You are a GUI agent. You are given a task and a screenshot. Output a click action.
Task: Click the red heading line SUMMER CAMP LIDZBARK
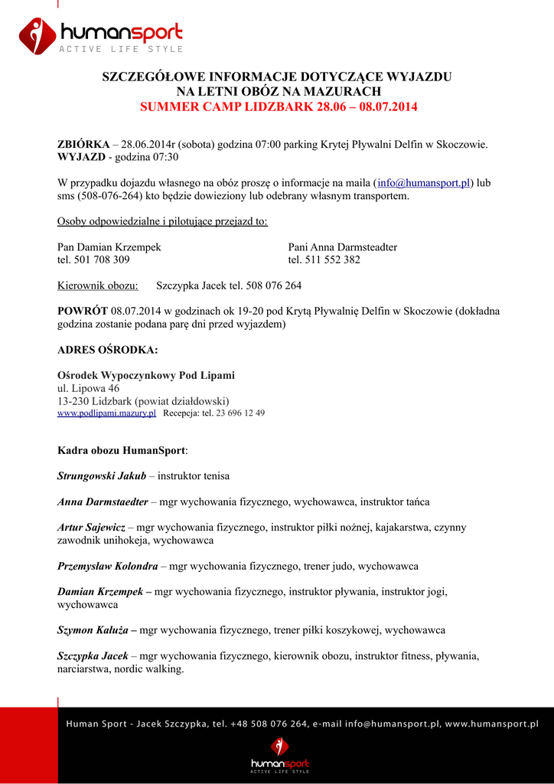click(x=279, y=106)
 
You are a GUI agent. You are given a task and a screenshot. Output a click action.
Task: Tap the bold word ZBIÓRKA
click(x=83, y=144)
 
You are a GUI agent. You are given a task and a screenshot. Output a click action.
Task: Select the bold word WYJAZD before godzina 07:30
click(x=81, y=157)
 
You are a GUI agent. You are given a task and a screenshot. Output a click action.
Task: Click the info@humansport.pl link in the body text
click(x=424, y=183)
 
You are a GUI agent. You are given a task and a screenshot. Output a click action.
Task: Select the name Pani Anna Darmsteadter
click(x=342, y=247)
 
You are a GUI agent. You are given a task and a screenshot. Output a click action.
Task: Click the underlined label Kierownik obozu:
click(x=98, y=286)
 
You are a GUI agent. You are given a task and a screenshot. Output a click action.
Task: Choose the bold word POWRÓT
click(x=83, y=311)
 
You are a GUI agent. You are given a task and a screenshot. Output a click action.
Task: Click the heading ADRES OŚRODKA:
click(x=108, y=350)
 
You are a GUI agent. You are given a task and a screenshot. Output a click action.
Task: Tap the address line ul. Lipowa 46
click(x=89, y=388)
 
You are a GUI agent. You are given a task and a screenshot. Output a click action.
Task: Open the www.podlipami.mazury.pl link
click(x=107, y=413)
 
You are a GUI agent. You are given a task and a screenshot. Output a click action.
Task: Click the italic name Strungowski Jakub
click(x=102, y=475)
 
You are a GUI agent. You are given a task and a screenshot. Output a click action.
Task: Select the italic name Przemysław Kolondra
click(x=108, y=566)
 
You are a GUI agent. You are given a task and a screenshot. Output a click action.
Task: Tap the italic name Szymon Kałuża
click(x=93, y=630)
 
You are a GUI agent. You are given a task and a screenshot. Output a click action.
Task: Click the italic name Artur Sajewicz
click(x=91, y=528)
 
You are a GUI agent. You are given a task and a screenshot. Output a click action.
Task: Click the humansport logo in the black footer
click(x=280, y=754)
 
